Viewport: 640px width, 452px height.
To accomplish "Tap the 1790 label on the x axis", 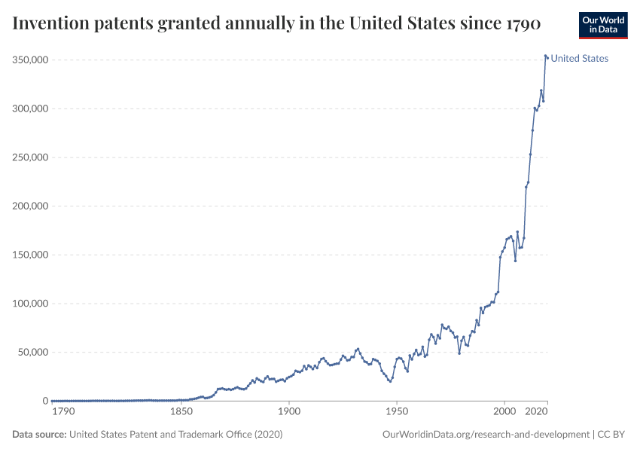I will (63, 412).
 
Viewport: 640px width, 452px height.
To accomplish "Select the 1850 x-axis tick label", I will (181, 412).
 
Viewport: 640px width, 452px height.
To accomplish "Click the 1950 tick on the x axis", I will (396, 412).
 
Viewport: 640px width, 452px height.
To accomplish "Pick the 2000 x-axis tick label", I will (504, 412).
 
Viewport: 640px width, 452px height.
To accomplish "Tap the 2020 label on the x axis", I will (536, 412).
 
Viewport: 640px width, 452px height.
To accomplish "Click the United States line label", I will (580, 58).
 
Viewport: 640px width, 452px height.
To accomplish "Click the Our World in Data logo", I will (603, 25).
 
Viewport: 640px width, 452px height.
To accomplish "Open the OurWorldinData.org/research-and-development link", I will (486, 435).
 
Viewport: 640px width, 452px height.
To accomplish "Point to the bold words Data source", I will (39, 435).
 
